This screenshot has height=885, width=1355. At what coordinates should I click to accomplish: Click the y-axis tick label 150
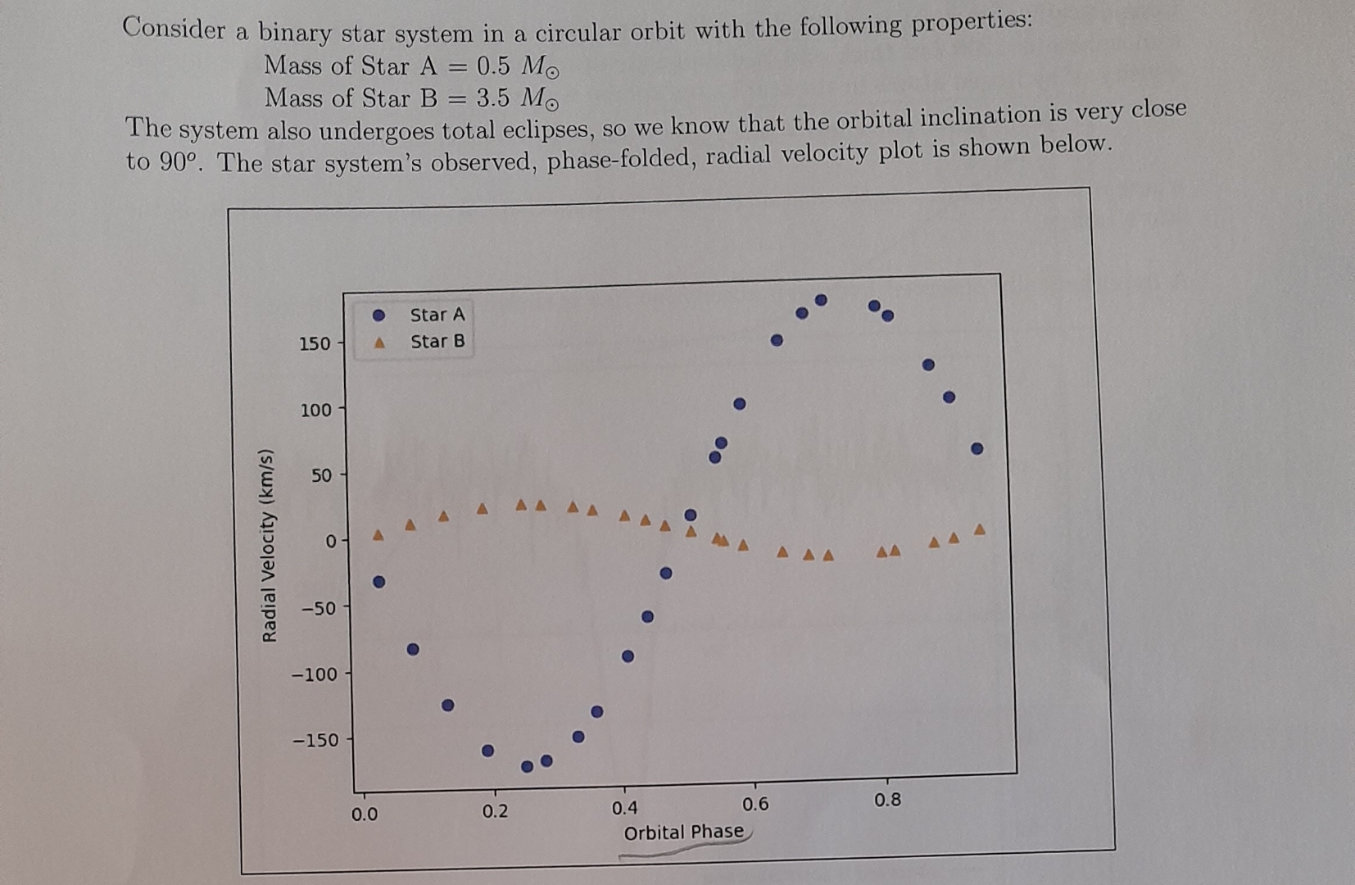pyautogui.click(x=315, y=343)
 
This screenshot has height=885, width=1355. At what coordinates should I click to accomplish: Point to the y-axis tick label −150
pyautogui.click(x=315, y=740)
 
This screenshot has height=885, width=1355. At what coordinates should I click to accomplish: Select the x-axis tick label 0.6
pyautogui.click(x=755, y=805)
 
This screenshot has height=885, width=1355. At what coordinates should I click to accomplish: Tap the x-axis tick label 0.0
pyautogui.click(x=365, y=815)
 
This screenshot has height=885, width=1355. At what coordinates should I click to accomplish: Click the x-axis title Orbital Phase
pyautogui.click(x=684, y=833)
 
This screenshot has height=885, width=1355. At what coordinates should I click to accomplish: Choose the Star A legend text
pyautogui.click(x=437, y=315)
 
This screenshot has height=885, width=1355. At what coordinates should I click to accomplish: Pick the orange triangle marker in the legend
pyautogui.click(x=379, y=343)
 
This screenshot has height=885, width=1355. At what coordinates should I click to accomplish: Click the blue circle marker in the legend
pyautogui.click(x=378, y=315)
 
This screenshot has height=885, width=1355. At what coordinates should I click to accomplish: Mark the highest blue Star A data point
pyautogui.click(x=821, y=300)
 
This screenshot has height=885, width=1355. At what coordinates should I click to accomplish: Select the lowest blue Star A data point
pyautogui.click(x=528, y=766)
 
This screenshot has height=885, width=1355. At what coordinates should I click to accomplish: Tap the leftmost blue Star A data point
pyautogui.click(x=378, y=582)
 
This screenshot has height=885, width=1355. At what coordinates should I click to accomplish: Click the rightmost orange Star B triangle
pyautogui.click(x=979, y=529)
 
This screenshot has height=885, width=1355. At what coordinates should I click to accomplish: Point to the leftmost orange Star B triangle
pyautogui.click(x=378, y=535)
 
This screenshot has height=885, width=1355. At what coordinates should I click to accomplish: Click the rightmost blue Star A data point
pyautogui.click(x=977, y=448)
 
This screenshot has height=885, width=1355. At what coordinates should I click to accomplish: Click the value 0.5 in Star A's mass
pyautogui.click(x=493, y=65)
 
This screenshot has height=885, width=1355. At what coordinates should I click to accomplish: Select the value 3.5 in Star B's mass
pyautogui.click(x=493, y=98)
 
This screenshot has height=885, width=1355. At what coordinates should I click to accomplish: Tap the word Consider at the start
pyautogui.click(x=174, y=29)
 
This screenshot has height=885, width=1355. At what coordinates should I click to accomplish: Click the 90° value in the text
pyautogui.click(x=178, y=161)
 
